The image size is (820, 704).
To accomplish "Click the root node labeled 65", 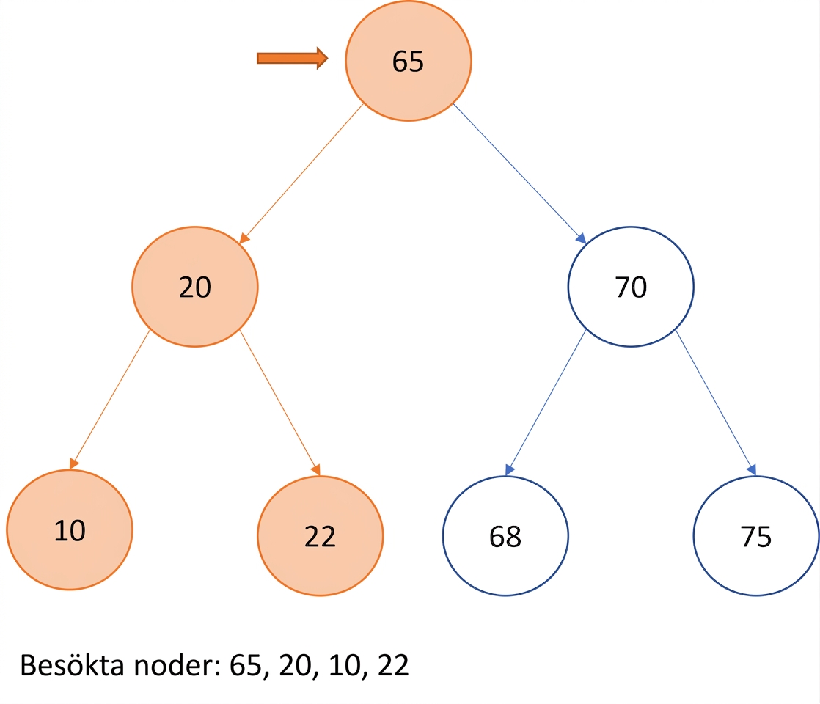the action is pos(409,61).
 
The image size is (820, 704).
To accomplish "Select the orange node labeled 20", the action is pos(195,287).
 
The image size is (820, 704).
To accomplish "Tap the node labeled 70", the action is pos(631,287).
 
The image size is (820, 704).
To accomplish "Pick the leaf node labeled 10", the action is pos(70,529).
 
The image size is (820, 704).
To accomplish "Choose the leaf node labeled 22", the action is pos(320,535).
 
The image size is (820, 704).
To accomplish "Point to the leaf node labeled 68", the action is pos(505,535).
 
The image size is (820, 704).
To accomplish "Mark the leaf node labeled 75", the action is pos(756,535).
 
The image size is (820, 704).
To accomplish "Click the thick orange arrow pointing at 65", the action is pos(293,58).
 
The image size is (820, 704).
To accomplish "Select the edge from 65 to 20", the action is pos(301,174).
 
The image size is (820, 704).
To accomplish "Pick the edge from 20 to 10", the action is pos(110,400).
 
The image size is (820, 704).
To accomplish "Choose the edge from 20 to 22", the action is pos(279,403).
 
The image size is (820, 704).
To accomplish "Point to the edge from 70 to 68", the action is pos(546,403).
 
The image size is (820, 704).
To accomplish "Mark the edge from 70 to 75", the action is pos(716,403).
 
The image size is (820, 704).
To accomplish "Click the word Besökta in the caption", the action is pos(72,665).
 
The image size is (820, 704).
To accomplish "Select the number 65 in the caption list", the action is pos(245,665).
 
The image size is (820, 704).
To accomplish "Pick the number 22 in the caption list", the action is pos(393,665).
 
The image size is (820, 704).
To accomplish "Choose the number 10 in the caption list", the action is pos(344,665).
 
